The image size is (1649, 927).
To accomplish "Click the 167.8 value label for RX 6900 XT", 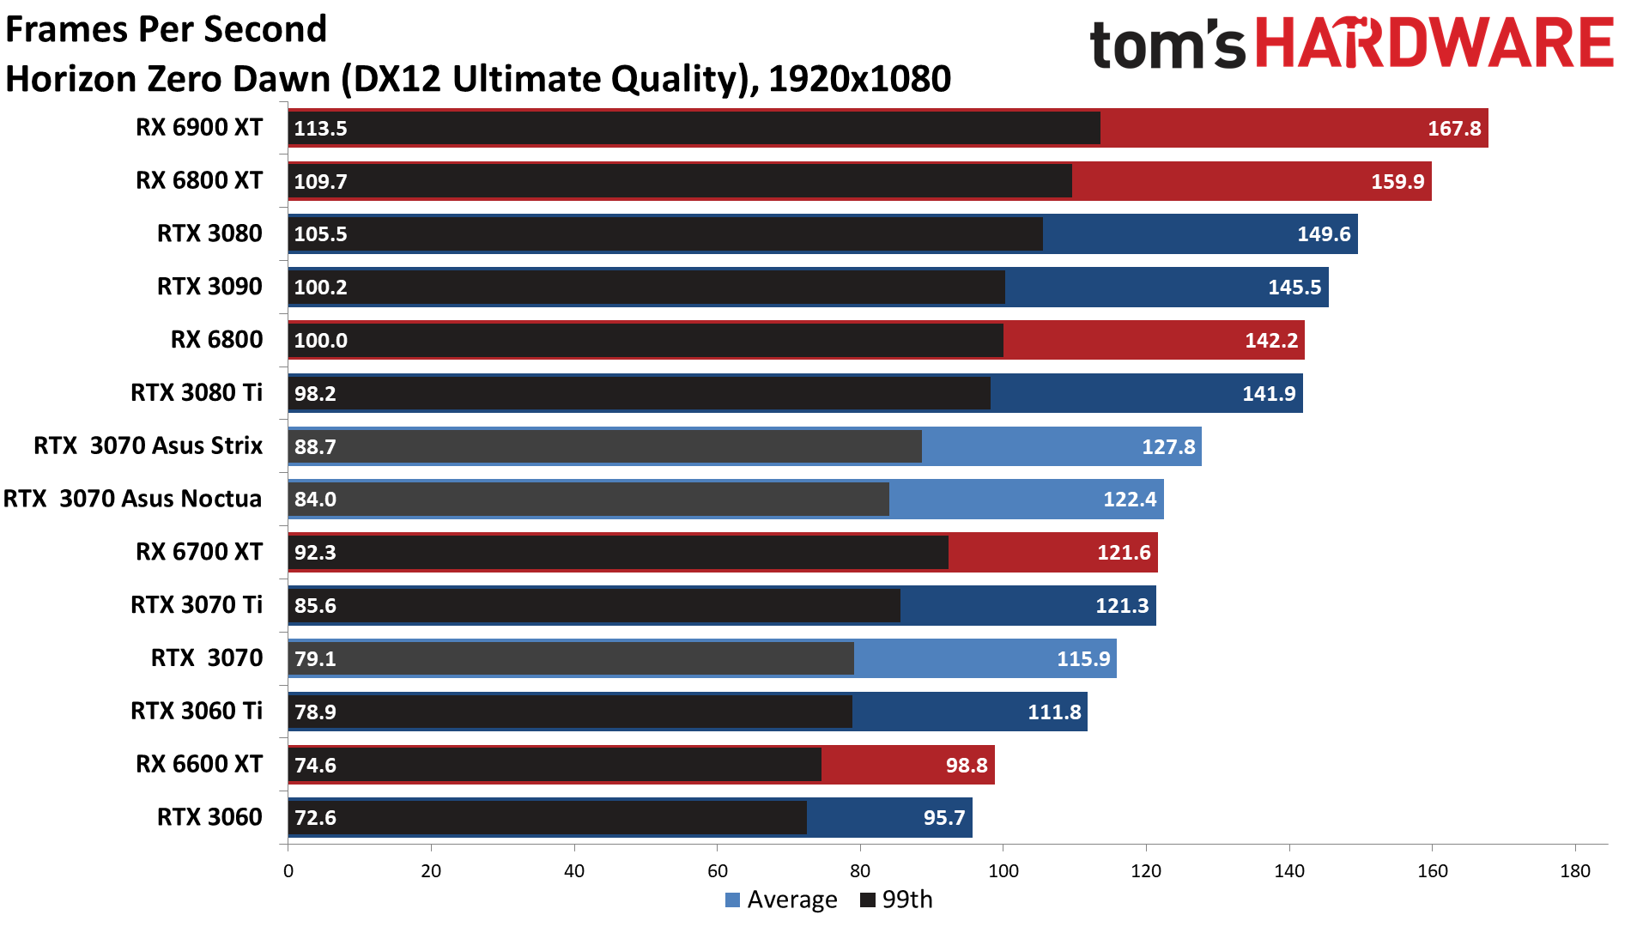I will [1453, 129].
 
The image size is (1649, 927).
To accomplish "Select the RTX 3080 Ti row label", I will [197, 393].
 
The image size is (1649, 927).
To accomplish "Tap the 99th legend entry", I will [896, 900].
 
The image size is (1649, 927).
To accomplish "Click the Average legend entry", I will [781, 900].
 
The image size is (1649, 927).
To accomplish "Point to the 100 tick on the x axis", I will [1003, 871].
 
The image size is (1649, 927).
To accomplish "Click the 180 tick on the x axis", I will [1574, 871].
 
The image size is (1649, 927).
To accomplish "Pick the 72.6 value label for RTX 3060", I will [315, 818].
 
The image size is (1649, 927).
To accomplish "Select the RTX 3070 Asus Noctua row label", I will [133, 499].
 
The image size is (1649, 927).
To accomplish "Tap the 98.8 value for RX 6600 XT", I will [966, 765].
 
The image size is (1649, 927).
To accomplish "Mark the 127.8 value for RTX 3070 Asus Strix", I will [1167, 447].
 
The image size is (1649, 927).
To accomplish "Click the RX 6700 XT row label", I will [199, 552].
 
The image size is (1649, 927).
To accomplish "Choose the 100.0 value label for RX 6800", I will [320, 341].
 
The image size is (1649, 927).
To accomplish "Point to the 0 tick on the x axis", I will [288, 871].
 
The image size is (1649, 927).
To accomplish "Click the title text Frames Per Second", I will [167, 29].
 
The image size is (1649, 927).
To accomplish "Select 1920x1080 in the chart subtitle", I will [859, 80].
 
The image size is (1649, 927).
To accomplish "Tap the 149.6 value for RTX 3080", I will [1323, 234].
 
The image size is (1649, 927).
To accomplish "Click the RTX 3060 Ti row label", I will [197, 712].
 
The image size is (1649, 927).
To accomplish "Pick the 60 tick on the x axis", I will [717, 871].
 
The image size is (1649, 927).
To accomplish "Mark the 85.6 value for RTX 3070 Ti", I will [315, 606].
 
